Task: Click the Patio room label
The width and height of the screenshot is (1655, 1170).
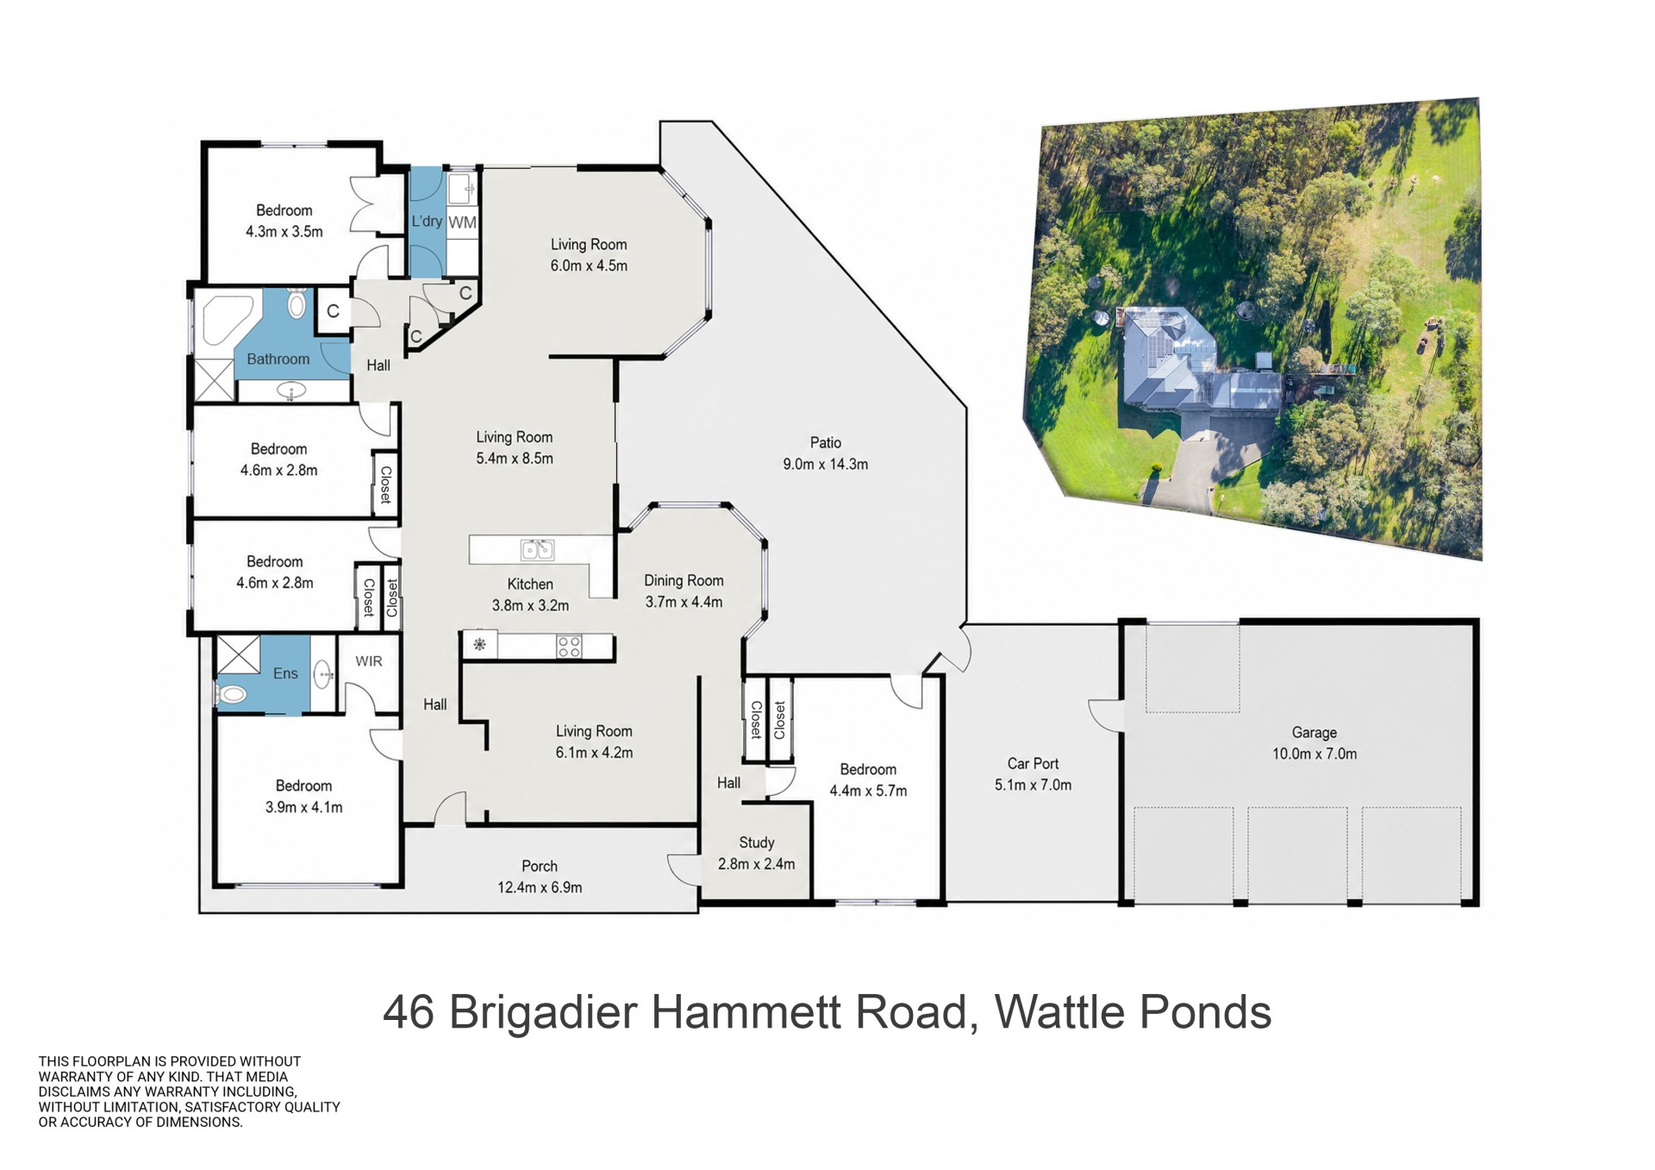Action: [x=825, y=454]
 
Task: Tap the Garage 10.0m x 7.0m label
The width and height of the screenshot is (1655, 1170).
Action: [x=1315, y=743]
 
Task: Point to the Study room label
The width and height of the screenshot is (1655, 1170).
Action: [x=756, y=853]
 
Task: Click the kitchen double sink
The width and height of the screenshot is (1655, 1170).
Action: [x=537, y=549]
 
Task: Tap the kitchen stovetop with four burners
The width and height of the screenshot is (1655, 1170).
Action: [x=569, y=647]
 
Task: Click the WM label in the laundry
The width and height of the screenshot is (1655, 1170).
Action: [x=462, y=222]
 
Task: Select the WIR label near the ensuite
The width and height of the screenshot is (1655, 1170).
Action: [x=369, y=661]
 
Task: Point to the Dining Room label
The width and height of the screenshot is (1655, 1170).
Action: [x=684, y=591]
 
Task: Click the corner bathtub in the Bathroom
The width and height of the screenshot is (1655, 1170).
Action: [x=226, y=321]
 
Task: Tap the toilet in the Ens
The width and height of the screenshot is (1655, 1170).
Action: [x=231, y=694]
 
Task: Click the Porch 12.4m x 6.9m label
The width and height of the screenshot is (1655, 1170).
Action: [x=540, y=877]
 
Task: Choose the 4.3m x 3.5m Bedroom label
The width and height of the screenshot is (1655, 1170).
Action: [x=284, y=221]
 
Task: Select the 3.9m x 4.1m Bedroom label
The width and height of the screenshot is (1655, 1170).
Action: [x=303, y=797]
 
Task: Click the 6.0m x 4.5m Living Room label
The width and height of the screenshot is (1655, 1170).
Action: [x=589, y=255]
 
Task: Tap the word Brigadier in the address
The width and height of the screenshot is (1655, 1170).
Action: [x=543, y=1012]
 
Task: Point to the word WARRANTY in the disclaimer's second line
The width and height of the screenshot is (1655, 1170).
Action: [x=72, y=1077]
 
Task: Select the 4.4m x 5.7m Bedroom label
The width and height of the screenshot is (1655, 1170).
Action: [x=868, y=780]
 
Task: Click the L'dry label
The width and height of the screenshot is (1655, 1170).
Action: [x=427, y=222]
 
